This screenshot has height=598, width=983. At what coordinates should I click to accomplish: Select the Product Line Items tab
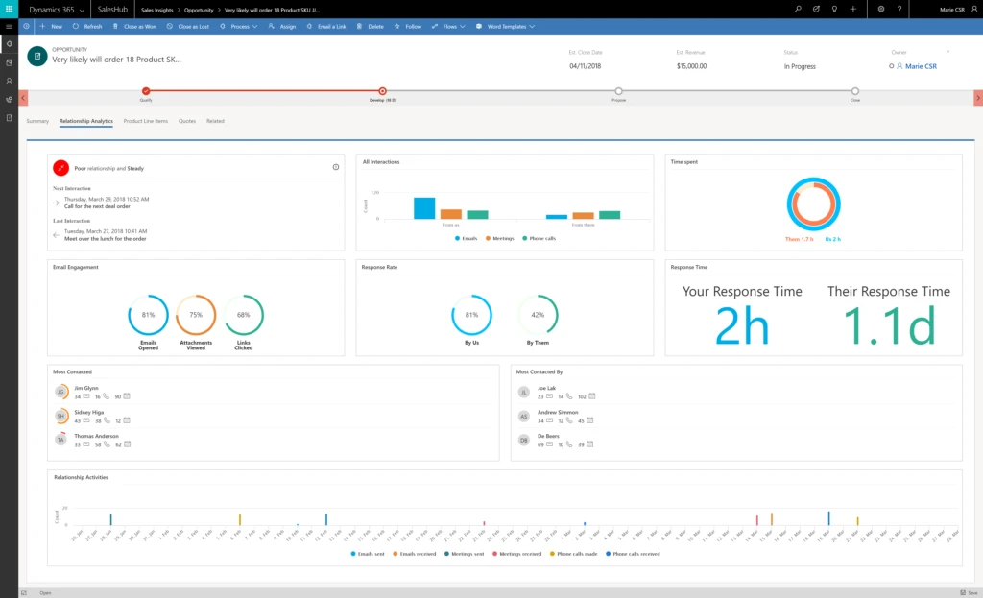(146, 121)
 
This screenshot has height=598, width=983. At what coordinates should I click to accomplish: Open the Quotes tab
(187, 121)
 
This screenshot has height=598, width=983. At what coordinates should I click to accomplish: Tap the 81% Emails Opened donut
(148, 315)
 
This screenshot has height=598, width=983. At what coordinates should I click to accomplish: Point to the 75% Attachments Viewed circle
(196, 315)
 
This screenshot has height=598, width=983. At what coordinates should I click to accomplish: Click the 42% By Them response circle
(538, 315)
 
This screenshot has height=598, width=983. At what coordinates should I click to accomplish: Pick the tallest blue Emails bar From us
(424, 207)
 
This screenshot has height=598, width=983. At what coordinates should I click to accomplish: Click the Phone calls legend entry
(541, 237)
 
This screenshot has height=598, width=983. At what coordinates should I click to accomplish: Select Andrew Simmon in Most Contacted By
(558, 411)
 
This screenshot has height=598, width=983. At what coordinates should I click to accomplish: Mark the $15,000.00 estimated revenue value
(691, 66)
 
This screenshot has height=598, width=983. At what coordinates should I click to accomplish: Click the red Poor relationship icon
(61, 168)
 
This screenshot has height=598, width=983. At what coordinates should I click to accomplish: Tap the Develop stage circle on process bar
(383, 91)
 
